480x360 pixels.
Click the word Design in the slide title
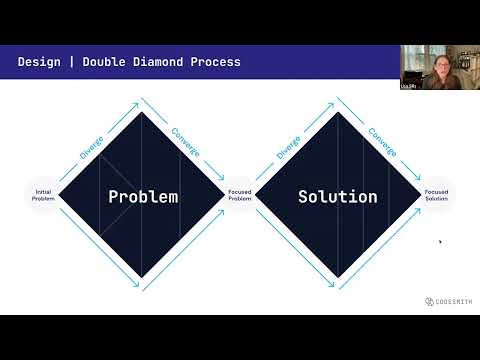pos(38,62)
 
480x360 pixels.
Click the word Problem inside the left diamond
pos(143,196)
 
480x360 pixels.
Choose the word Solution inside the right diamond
pos(337,196)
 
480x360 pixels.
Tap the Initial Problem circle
pos(43,196)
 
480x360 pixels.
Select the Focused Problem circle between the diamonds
pos(240,196)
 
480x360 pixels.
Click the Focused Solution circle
pos(436,196)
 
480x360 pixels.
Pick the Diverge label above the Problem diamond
pos(91,148)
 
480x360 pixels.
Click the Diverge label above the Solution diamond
pos(287,148)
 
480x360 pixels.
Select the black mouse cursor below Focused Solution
pos(440,241)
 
